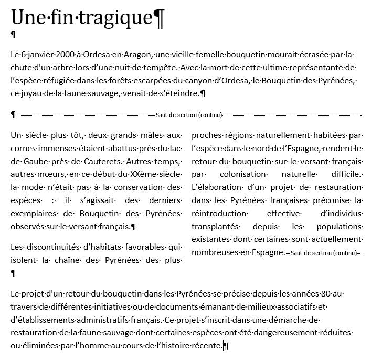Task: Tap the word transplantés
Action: coord(216,226)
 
